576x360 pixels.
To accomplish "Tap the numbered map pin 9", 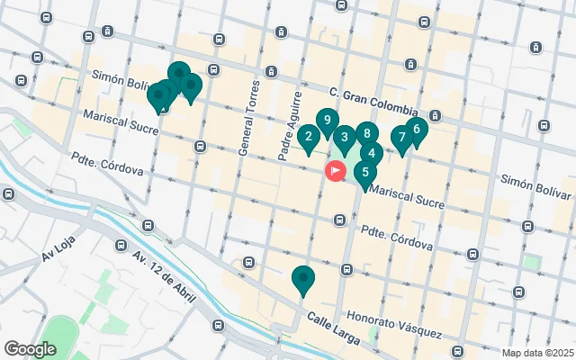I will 327,120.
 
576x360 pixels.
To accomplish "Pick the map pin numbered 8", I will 372,153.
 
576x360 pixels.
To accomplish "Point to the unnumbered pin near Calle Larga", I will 303,279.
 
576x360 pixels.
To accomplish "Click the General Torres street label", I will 249,118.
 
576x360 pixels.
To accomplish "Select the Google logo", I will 30,349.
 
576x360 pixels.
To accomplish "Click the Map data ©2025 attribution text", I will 536,354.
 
